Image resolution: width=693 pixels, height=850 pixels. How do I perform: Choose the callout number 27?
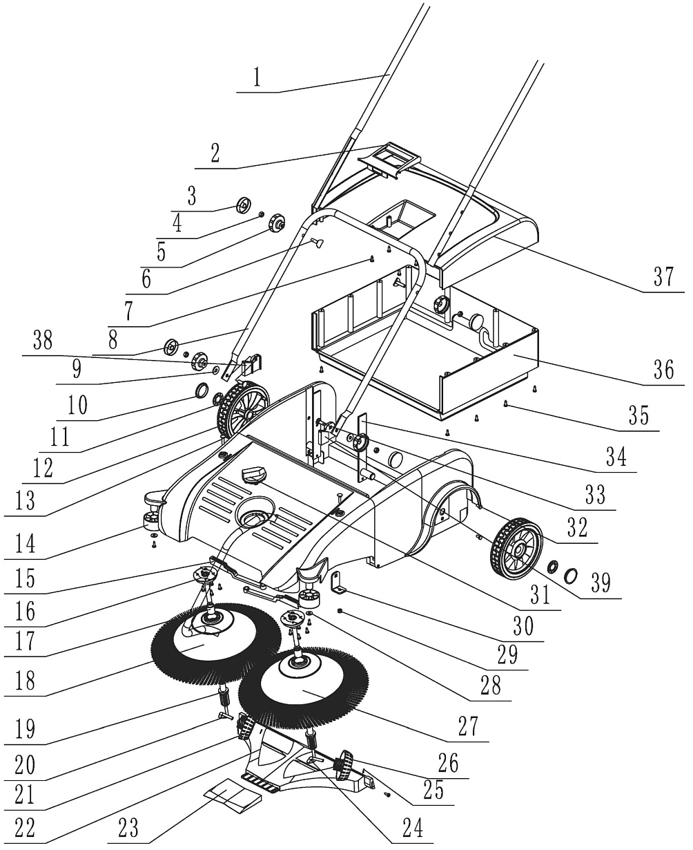click(x=467, y=727)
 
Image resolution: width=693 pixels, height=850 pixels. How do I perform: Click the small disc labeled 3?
click(x=243, y=205)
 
